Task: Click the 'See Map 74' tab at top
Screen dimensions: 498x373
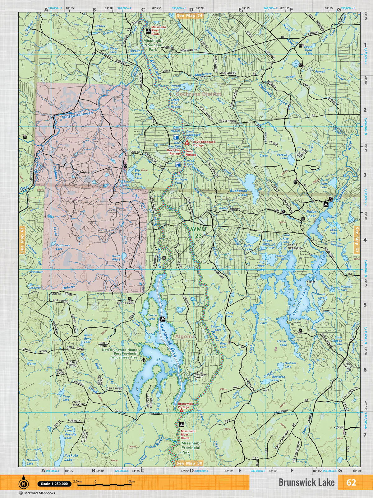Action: coord(190,16)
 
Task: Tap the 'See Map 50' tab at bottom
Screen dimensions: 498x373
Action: coord(190,463)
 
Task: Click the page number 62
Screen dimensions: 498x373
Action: coord(351,482)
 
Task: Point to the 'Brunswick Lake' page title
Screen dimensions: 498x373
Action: coord(306,482)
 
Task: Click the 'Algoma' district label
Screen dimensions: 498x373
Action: coord(185,336)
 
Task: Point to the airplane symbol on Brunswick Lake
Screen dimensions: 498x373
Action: coord(135,360)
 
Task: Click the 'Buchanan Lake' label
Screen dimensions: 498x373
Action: coord(239,193)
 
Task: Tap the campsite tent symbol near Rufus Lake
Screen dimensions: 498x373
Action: coord(325,205)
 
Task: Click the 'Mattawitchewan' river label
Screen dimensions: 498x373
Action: coord(77,116)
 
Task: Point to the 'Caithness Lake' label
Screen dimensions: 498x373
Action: coord(63,247)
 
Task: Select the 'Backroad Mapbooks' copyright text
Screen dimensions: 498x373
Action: coord(37,493)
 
